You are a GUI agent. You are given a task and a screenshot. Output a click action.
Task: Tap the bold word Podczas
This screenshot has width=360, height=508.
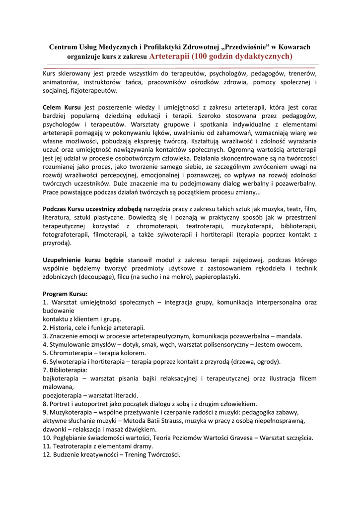click(x=54, y=209)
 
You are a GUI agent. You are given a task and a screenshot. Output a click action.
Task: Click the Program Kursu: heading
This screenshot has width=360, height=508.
click(x=65, y=294)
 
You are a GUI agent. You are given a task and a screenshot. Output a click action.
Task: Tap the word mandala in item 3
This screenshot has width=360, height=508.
click(x=288, y=336)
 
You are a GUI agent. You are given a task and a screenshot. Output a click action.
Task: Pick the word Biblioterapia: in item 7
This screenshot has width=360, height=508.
click(x=68, y=370)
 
